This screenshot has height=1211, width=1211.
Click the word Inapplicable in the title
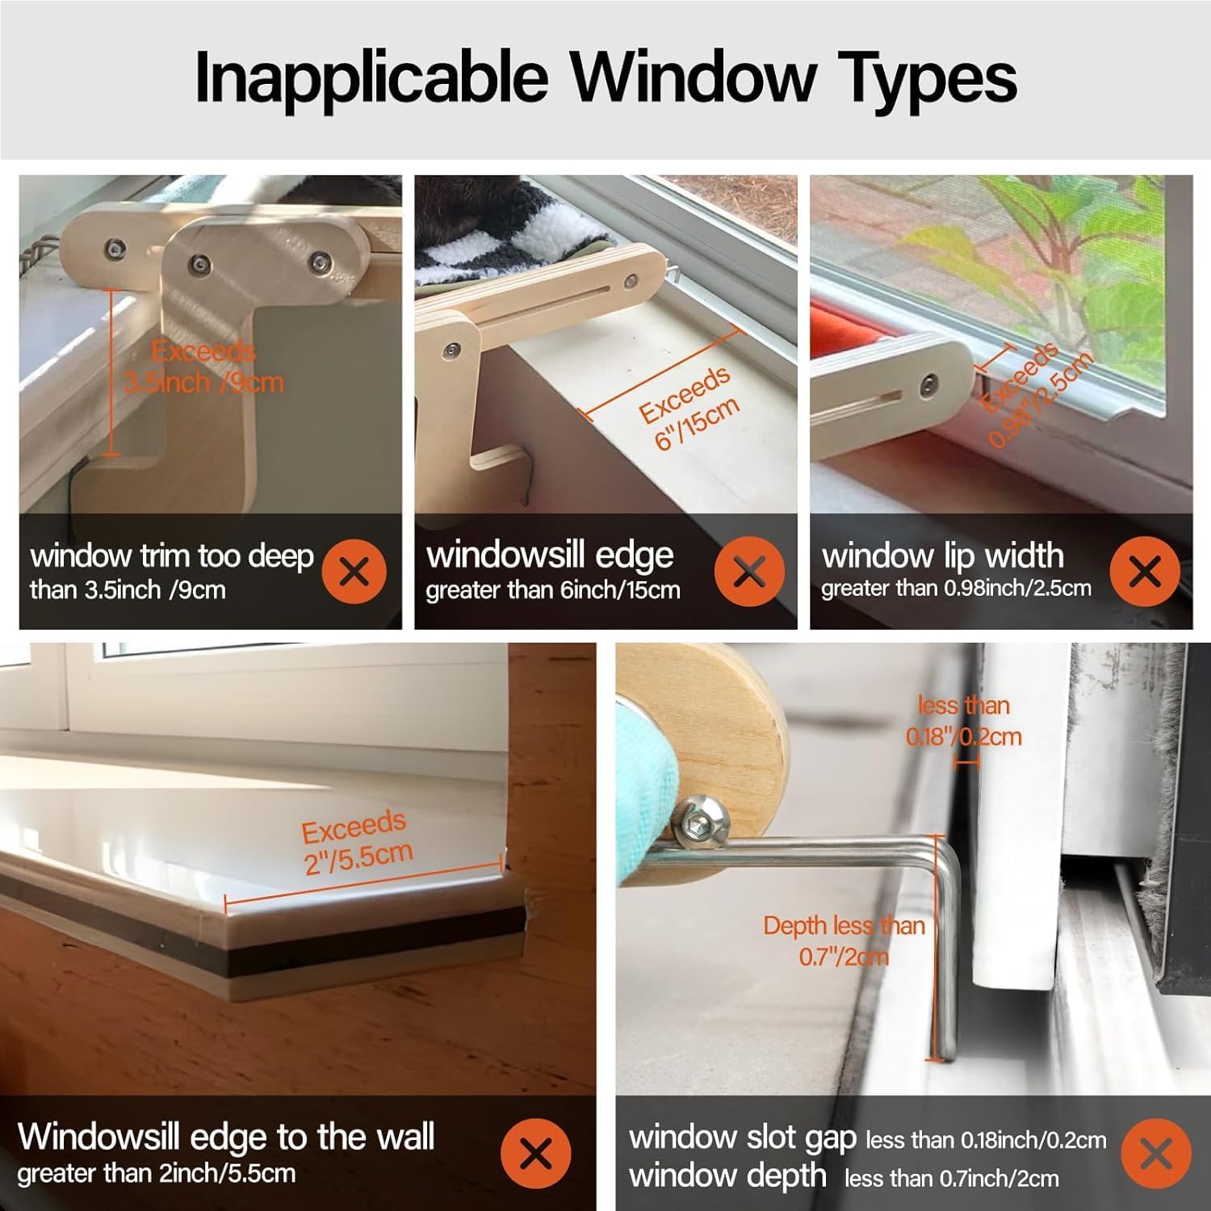coord(371,78)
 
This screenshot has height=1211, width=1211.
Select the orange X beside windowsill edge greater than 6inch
coord(749,572)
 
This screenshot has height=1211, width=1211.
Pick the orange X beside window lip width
coord(1145,572)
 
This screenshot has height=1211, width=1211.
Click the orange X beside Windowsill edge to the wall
coord(535,1153)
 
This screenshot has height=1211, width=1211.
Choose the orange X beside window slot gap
coord(1156,1153)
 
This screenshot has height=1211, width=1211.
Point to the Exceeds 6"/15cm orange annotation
coord(689,406)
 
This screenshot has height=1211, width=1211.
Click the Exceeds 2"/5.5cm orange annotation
coord(356,842)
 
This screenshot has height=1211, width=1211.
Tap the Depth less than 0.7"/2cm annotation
coord(844,941)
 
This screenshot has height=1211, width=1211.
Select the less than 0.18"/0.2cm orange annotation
coord(963,720)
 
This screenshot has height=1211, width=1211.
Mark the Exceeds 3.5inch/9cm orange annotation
coord(203,367)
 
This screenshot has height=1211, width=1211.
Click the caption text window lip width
coord(942,555)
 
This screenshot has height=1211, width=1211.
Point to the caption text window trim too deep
coord(172,556)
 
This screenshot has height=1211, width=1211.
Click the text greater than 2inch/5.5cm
coord(156,1173)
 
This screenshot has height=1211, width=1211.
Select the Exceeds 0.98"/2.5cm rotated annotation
coord(1036,394)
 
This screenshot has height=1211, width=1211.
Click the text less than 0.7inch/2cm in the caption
coord(951,1179)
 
